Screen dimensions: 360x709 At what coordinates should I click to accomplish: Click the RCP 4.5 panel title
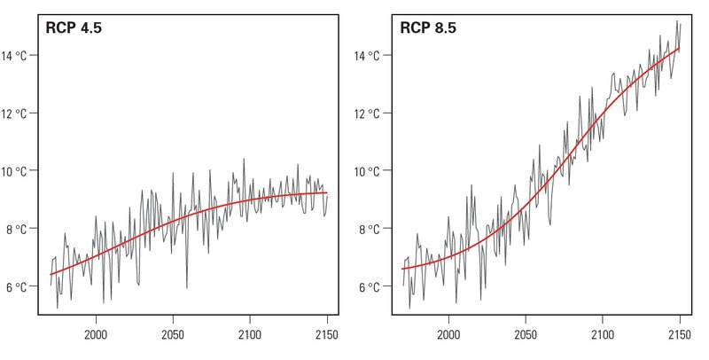(x=74, y=28)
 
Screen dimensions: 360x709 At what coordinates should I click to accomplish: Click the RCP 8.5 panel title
(x=428, y=28)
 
